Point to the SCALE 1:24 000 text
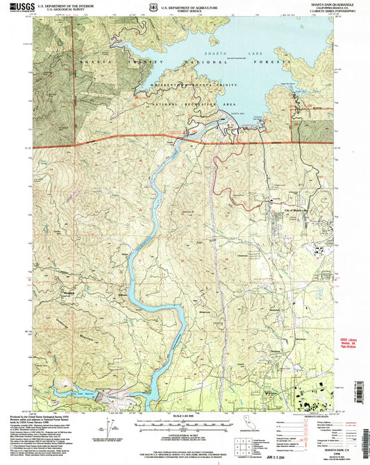point(184,416)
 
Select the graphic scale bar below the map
point(184,423)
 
